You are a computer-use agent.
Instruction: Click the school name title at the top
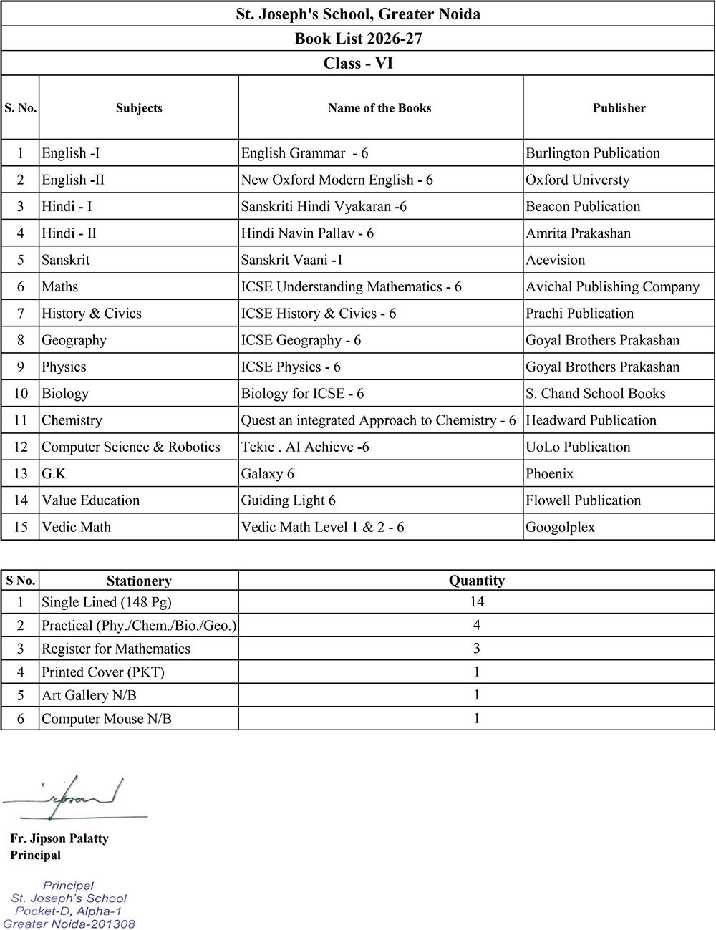click(358, 14)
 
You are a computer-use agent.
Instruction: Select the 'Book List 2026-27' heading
click(358, 38)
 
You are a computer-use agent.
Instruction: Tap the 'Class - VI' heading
click(358, 63)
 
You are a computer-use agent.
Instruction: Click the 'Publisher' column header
click(619, 108)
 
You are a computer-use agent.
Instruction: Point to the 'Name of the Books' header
click(379, 108)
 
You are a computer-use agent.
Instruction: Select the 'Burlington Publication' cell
click(593, 153)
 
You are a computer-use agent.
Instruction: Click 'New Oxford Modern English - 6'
click(337, 180)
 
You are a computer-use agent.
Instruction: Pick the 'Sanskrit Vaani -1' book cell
click(292, 260)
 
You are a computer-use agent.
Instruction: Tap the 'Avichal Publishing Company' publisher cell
click(612, 286)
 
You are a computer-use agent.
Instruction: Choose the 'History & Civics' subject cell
click(92, 314)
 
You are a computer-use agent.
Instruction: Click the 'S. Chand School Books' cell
click(595, 394)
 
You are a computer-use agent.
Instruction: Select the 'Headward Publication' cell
click(591, 420)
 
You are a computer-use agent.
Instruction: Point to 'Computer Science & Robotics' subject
click(131, 447)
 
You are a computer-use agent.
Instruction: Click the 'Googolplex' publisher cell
click(560, 527)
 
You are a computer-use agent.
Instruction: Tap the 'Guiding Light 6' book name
click(288, 500)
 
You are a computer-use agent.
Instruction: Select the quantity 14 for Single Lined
click(476, 601)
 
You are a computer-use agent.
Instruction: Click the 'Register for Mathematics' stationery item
click(116, 649)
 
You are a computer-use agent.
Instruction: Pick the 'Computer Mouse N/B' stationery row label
click(106, 718)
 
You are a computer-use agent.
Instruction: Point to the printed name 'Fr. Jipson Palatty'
click(59, 838)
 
